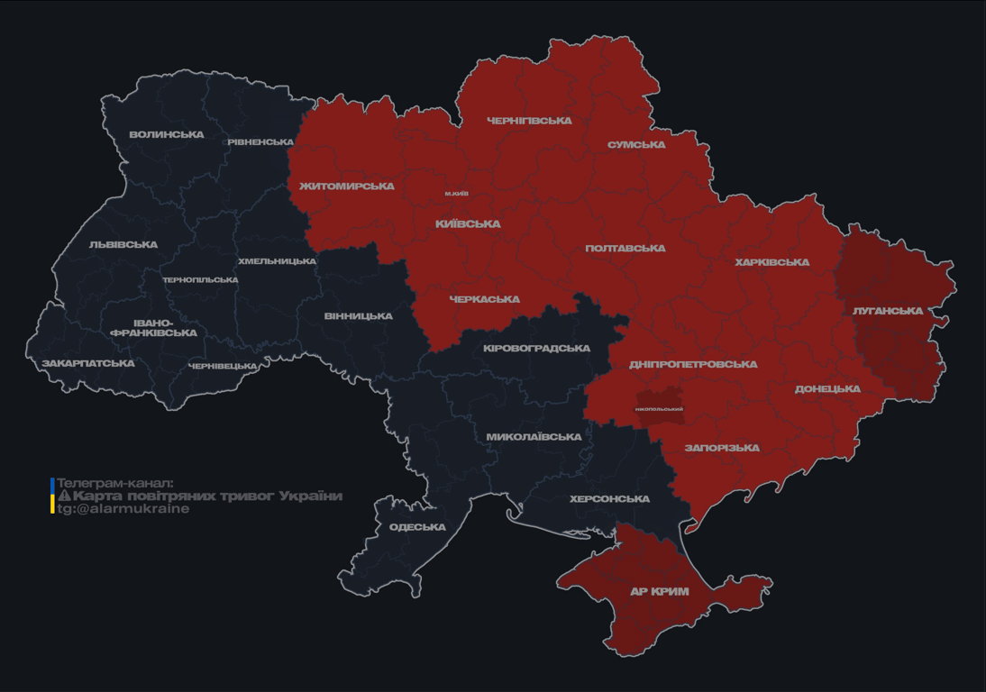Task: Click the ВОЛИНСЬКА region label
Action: (167, 135)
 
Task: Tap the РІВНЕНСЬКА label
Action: (260, 142)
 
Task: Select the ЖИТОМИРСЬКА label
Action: (346, 187)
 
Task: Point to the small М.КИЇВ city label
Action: (456, 194)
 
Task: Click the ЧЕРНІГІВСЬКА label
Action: (529, 121)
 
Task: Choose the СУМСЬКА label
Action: (636, 145)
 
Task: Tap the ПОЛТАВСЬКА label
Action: (625, 249)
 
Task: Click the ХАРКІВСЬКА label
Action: (771, 263)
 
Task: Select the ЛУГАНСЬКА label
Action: (888, 311)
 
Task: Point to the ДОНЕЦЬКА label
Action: (827, 389)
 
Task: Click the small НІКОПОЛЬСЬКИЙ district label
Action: (659, 409)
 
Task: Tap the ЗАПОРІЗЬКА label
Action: (722, 448)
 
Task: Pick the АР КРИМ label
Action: (659, 592)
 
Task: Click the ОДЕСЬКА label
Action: (417, 527)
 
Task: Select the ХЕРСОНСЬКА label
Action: (609, 499)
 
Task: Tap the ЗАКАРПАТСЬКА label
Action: (88, 364)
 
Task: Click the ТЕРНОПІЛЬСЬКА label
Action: (200, 280)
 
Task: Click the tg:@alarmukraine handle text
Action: (123, 509)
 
